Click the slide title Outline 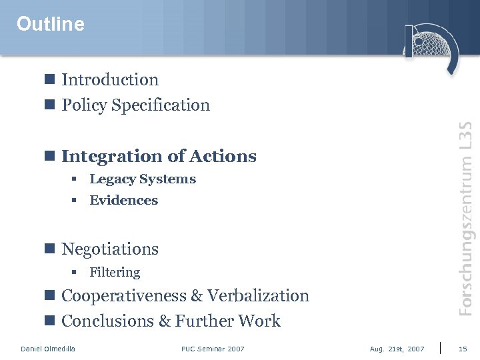[51, 25]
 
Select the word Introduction [110, 80]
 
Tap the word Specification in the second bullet [161, 105]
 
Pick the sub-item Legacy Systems [143, 179]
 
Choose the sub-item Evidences [124, 201]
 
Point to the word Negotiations [110, 249]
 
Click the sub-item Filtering [115, 272]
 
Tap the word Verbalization [259, 296]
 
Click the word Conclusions [107, 321]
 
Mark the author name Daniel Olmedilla [48, 349]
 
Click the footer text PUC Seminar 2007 [213, 349]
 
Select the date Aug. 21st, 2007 [397, 349]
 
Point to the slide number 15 [463, 349]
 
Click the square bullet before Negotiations [49, 249]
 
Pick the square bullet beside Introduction [49, 79]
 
